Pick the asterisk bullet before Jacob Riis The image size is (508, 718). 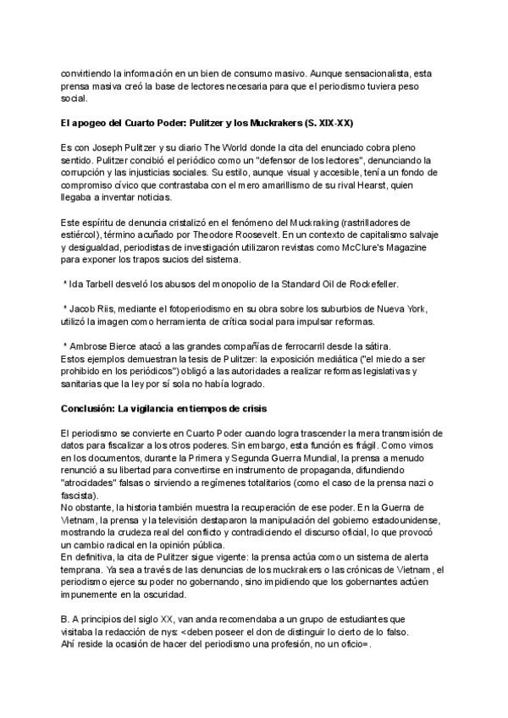[65, 307]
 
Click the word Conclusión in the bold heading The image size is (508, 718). [89, 408]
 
